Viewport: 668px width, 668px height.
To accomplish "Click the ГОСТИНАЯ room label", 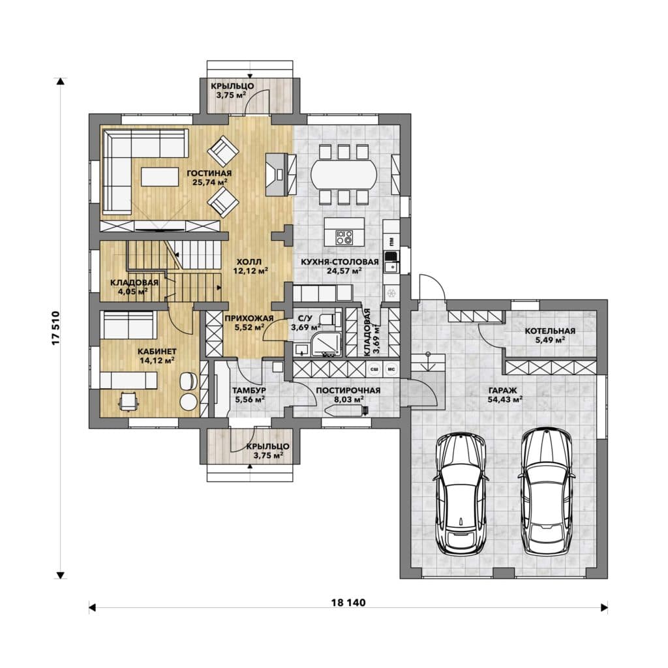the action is point(209,174).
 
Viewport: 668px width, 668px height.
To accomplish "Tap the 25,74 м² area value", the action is point(209,182).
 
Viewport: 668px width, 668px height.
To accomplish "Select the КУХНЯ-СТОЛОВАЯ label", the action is point(339,262).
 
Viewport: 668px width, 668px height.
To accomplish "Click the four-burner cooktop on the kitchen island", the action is point(344,237).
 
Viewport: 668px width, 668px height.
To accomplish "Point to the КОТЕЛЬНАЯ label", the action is point(550,331).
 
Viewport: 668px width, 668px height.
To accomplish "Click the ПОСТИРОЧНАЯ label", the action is point(348,390).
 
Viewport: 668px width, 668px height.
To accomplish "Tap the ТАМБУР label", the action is point(249,390).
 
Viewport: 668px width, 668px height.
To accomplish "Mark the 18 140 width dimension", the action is point(348,602).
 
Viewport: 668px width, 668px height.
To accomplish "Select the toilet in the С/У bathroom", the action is point(329,318).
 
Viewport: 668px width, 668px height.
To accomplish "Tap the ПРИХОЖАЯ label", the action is point(249,318).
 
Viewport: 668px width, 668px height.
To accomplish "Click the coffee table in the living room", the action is point(160,176).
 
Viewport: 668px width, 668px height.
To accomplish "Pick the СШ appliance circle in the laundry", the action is point(375,369).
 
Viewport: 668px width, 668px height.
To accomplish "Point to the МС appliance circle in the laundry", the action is point(391,369).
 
